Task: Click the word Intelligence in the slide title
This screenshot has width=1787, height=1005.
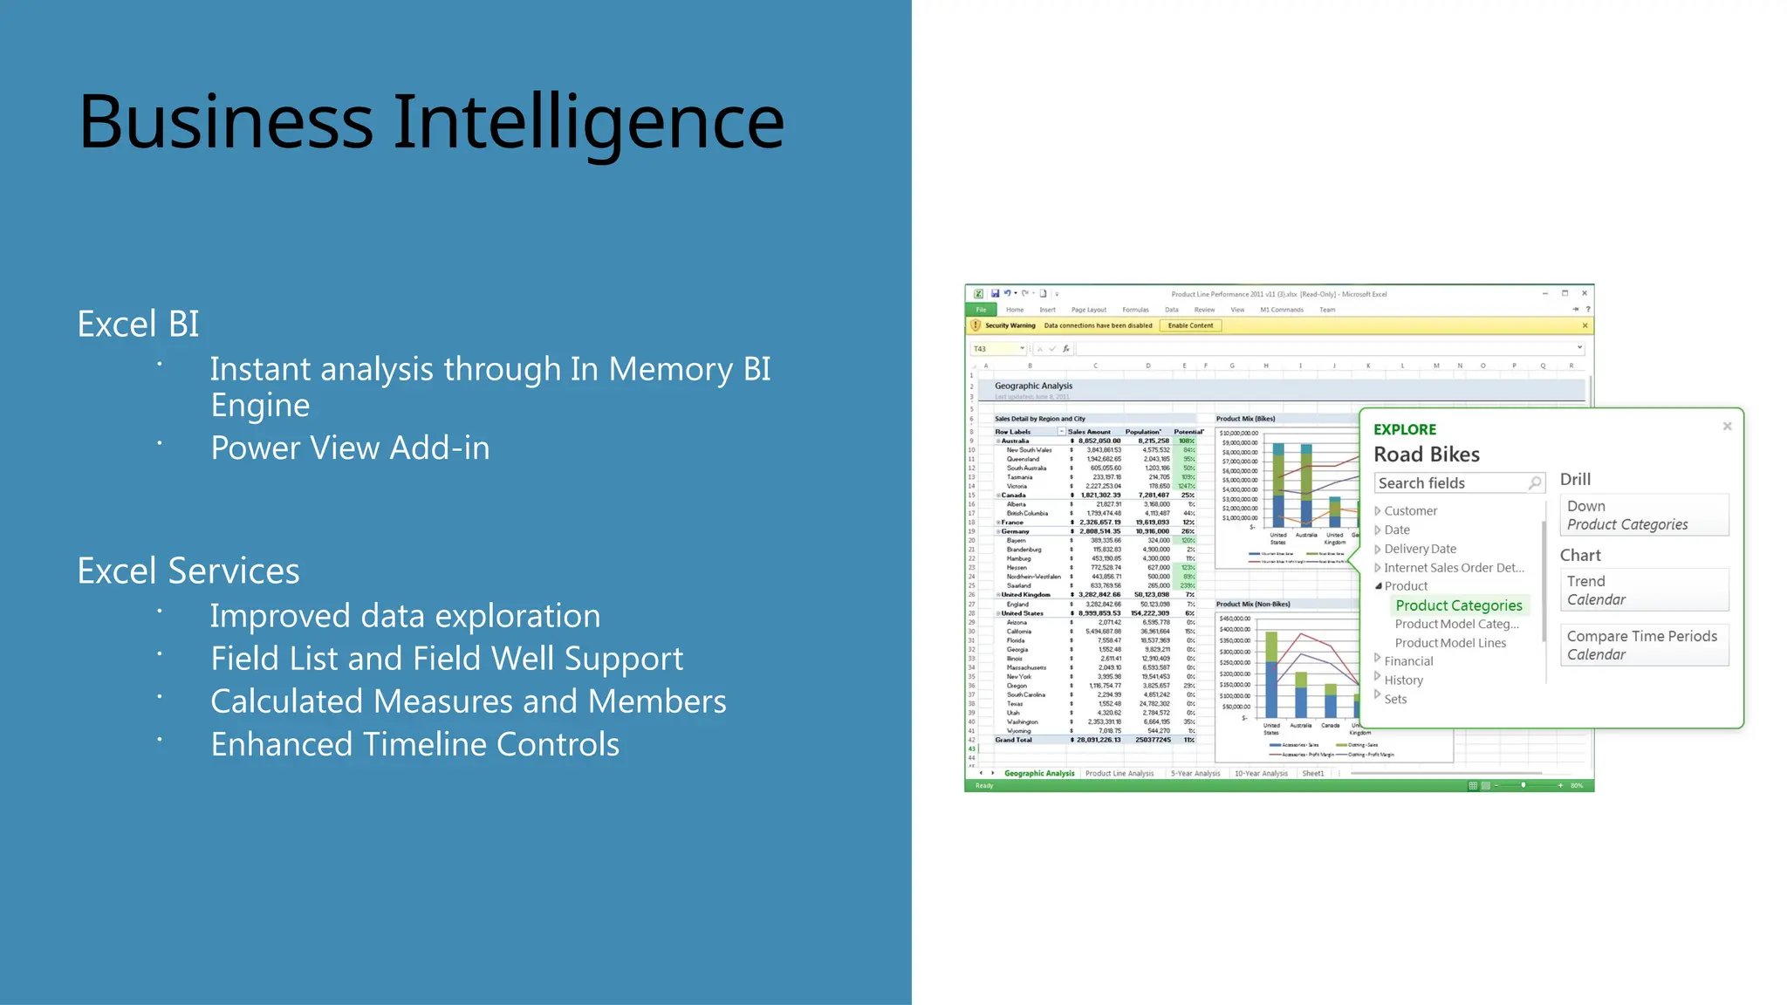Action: point(589,122)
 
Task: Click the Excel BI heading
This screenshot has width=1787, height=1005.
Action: point(138,325)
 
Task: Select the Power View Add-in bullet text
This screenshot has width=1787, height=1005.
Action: point(350,448)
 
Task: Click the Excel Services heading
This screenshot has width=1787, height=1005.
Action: point(188,571)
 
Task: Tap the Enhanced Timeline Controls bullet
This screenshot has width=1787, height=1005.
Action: point(414,745)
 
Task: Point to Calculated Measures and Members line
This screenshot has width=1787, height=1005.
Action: point(468,702)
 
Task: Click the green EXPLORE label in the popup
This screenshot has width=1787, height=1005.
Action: point(1404,430)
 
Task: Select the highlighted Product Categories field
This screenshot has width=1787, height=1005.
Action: point(1458,605)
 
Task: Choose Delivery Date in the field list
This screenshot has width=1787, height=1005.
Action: point(1420,549)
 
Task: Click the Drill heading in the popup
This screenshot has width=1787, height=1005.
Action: point(1575,480)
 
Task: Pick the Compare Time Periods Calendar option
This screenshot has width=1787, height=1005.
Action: point(1642,645)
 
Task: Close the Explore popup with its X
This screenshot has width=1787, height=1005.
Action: point(1727,427)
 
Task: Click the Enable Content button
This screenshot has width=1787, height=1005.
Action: point(1190,325)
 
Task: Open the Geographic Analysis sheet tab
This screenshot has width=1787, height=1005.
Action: point(1038,773)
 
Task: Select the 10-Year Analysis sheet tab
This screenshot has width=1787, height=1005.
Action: point(1260,773)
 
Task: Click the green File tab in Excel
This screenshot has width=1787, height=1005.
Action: point(981,310)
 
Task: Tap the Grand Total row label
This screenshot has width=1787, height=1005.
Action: point(1013,740)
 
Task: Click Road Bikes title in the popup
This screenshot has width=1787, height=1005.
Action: point(1426,455)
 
